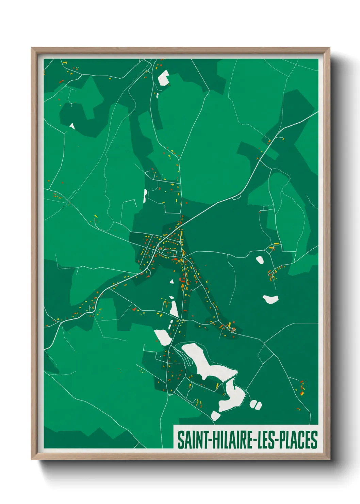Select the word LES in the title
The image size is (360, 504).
coord(267,440)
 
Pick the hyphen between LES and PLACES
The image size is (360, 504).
coord(280,440)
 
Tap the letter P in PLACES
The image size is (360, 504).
coord(285,440)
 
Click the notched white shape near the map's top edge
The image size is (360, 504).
coord(163,78)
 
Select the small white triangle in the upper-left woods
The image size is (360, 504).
coord(72,126)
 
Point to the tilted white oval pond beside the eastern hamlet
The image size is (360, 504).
coord(260,260)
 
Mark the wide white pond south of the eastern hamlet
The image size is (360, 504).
coord(271,299)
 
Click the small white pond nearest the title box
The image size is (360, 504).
coord(215,415)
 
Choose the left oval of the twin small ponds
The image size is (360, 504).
coord(253,404)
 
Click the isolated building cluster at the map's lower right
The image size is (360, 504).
coord(302,388)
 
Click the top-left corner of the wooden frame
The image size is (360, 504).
coord(32,48)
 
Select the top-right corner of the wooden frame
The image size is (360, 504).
coord(329,48)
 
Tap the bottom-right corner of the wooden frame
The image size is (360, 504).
coord(329,459)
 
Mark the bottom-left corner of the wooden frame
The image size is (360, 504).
coord(32,459)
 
